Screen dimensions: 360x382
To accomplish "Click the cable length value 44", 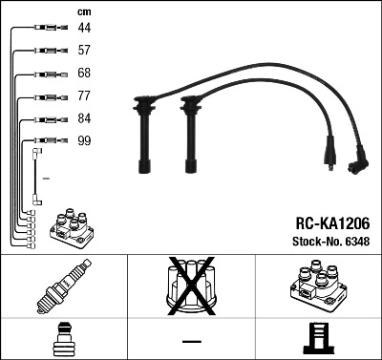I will click(x=85, y=30).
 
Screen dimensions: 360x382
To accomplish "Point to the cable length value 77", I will click(x=85, y=96).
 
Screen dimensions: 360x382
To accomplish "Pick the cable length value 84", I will click(x=85, y=119).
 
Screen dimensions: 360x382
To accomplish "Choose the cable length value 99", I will click(x=85, y=141).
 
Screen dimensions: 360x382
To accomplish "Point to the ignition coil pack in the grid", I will click(x=317, y=286).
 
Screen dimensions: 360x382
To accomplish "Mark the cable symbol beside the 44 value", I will click(x=44, y=30).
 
